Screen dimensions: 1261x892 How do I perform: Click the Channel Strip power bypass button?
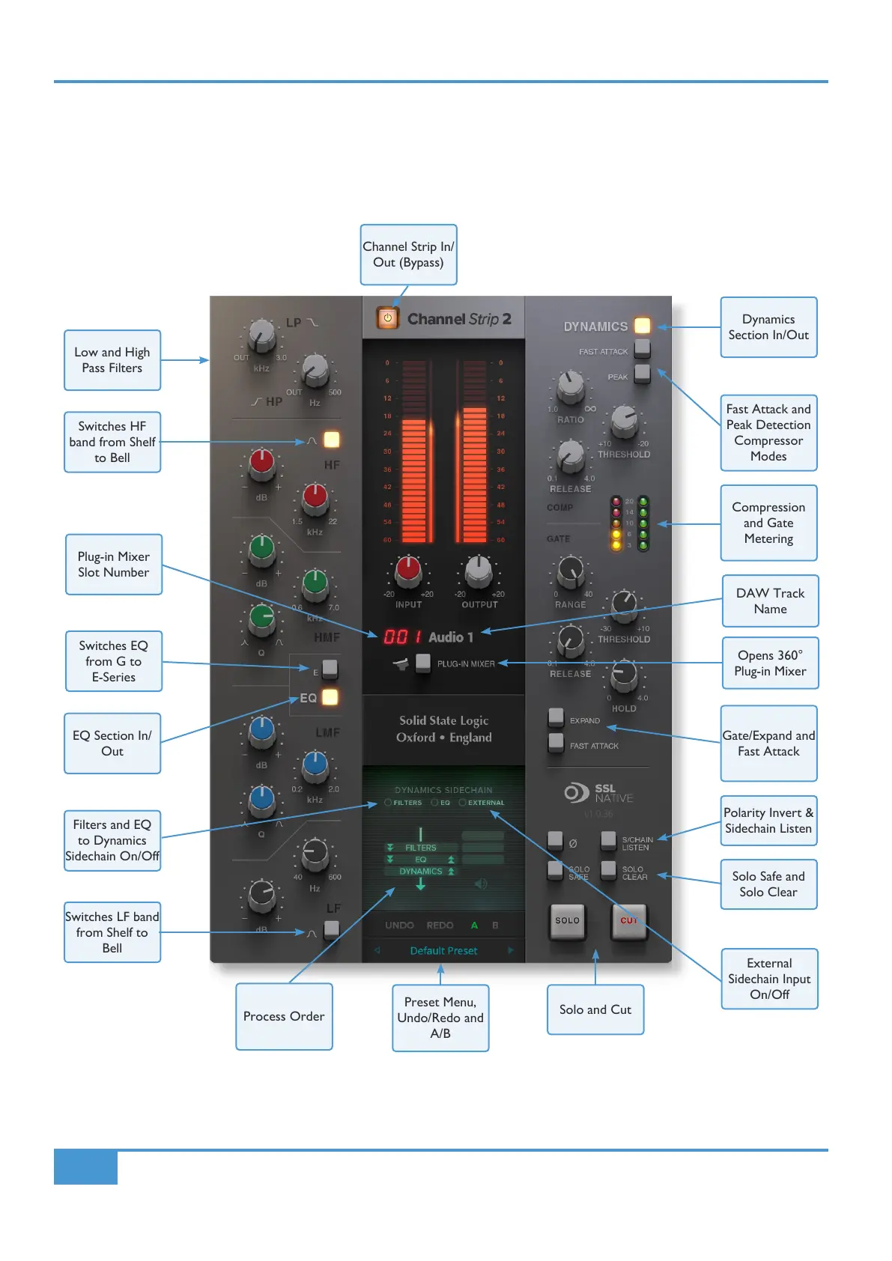tap(387, 318)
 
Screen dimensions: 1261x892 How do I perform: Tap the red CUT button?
tap(628, 920)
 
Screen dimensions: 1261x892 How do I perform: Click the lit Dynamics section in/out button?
tap(642, 326)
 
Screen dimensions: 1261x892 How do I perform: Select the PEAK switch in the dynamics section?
tap(642, 373)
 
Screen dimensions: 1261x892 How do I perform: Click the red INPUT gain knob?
tap(408, 570)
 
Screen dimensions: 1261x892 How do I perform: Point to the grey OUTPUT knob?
tap(479, 571)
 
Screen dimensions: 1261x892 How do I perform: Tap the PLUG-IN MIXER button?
tap(423, 663)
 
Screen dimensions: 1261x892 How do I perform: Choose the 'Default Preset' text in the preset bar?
tap(443, 951)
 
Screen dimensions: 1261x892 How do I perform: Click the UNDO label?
tap(399, 926)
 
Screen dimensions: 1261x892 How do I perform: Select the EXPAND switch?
tap(556, 717)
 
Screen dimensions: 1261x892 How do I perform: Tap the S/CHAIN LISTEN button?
tap(608, 839)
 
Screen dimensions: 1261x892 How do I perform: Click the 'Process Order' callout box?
tap(284, 1016)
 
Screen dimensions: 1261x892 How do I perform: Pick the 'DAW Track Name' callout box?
tap(770, 601)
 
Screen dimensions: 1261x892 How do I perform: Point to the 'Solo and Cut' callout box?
tap(595, 1009)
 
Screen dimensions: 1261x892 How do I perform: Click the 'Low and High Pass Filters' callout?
tap(112, 360)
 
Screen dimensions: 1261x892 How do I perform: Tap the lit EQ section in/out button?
tap(330, 697)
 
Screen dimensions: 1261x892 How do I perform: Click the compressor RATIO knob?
tap(571, 386)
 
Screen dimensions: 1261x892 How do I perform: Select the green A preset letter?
tap(474, 926)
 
